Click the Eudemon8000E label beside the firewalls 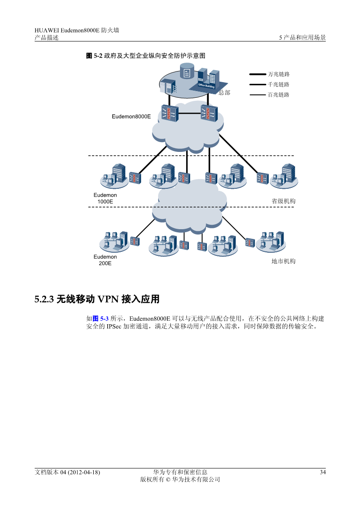(131, 116)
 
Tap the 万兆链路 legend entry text (279, 74)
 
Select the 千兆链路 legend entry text (279, 85)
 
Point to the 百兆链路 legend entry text (279, 95)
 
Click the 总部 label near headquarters (224, 93)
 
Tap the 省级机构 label (284, 201)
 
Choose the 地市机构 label (284, 261)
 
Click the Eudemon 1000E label (105, 199)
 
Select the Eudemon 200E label (105, 260)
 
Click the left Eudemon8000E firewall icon (169, 113)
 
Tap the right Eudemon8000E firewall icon (208, 113)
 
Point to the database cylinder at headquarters (187, 71)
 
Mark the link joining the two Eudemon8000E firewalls (189, 113)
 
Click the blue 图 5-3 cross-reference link (101, 318)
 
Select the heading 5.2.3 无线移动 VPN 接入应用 (97, 299)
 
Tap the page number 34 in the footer (323, 472)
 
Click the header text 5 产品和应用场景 (302, 38)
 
